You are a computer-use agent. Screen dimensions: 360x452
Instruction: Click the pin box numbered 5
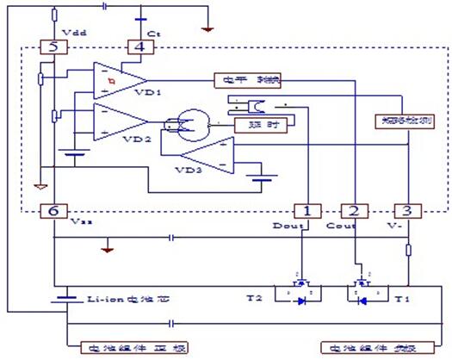click(x=53, y=47)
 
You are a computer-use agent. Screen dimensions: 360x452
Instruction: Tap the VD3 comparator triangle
click(x=206, y=156)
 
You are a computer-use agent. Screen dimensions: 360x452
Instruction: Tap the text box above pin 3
click(x=403, y=122)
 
